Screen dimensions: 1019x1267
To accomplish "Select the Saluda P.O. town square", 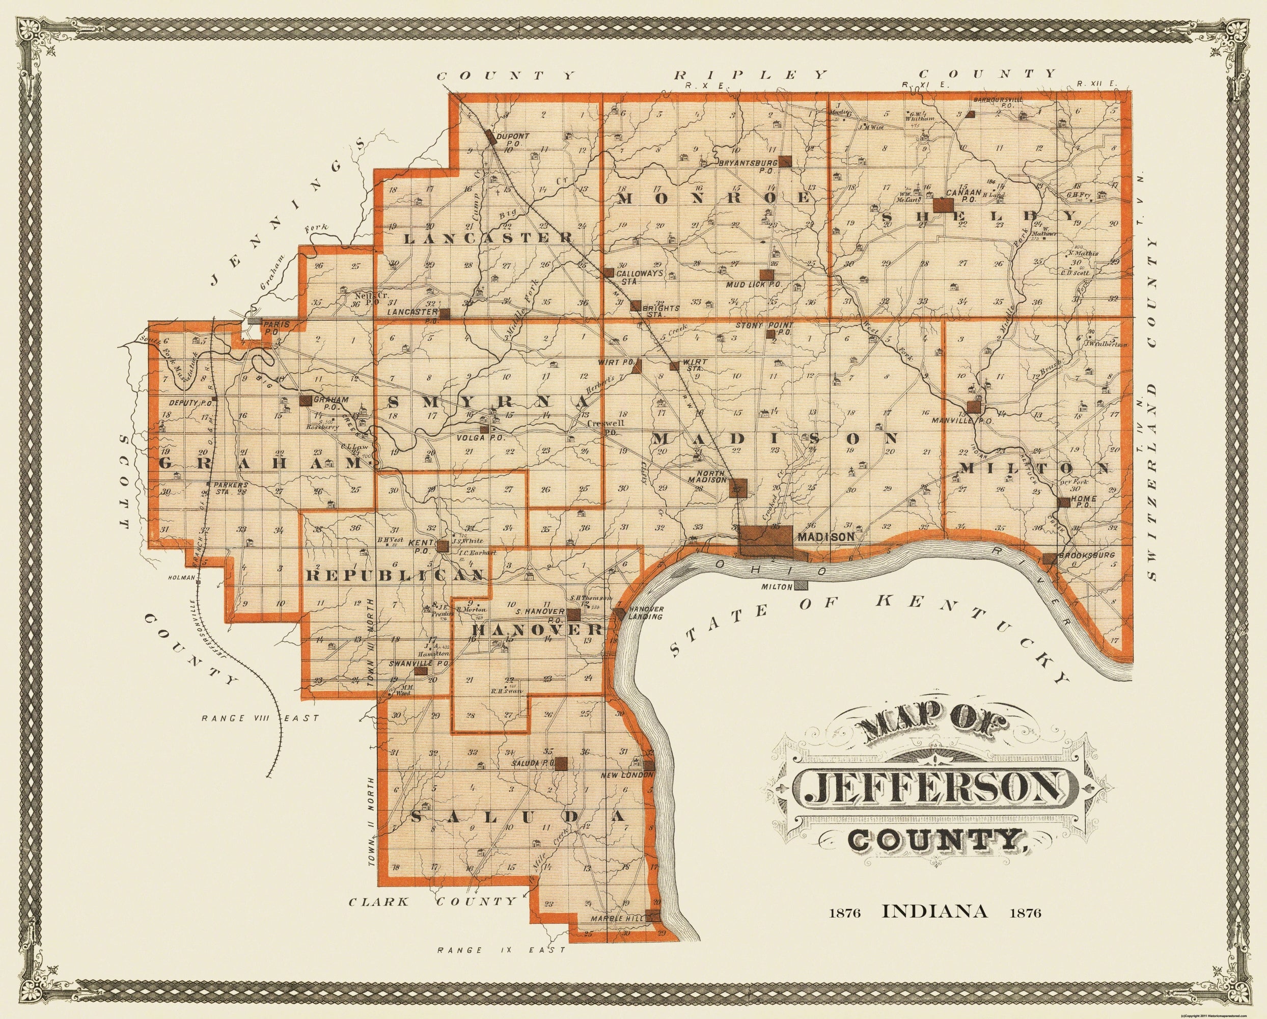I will click(561, 763).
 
